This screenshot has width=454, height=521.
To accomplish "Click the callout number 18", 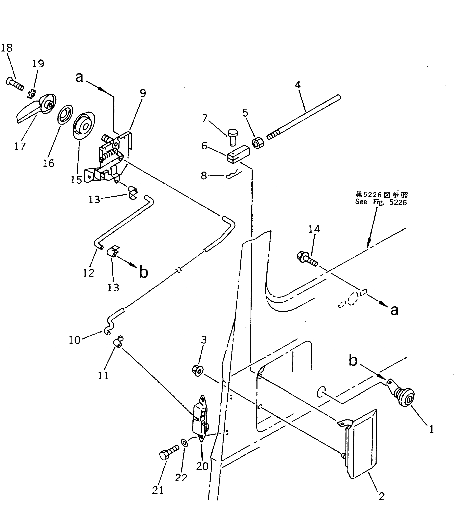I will click(7, 48).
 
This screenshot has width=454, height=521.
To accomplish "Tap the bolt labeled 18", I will click(15, 84).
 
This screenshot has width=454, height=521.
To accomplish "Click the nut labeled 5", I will click(258, 143).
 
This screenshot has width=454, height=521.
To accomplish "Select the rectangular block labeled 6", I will click(238, 154).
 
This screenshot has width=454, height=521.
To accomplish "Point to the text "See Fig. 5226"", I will click(381, 202).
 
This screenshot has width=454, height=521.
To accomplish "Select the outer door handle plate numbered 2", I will click(361, 446).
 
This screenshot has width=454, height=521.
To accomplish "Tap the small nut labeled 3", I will click(197, 370).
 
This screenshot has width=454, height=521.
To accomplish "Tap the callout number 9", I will click(143, 93).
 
